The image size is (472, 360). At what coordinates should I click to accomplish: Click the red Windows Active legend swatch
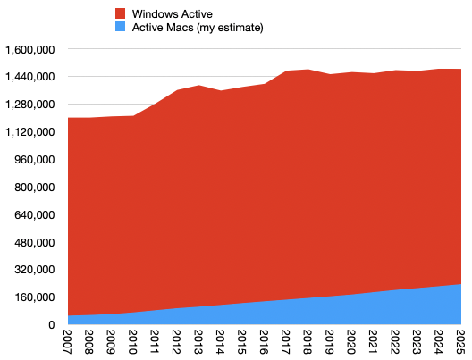(120, 13)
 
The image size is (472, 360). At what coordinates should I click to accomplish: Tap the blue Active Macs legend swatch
(120, 27)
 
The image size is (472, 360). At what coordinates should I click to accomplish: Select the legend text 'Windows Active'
(173, 13)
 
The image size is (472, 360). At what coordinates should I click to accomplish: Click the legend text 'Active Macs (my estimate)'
(198, 28)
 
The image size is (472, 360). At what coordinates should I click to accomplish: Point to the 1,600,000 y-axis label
(30, 50)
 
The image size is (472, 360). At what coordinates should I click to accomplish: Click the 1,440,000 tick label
(30, 77)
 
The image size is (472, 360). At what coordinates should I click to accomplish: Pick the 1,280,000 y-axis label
(30, 105)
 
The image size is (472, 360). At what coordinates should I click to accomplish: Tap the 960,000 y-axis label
(35, 160)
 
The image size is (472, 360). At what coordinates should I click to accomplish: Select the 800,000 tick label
(35, 188)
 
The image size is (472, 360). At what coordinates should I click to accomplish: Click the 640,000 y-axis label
(35, 215)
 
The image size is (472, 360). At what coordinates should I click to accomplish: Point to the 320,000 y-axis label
(35, 270)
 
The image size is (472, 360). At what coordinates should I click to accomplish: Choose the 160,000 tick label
(35, 297)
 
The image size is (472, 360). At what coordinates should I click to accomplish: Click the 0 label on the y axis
(52, 325)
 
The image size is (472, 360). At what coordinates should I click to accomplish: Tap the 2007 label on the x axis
(67, 342)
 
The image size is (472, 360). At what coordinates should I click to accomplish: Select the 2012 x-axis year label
(176, 342)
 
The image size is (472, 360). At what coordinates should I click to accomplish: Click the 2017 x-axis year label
(285, 342)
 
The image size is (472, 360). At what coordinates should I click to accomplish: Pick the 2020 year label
(351, 342)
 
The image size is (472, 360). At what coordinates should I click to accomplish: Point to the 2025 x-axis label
(460, 342)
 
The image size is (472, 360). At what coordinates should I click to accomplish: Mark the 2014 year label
(220, 342)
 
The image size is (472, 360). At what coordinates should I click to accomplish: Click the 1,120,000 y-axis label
(30, 132)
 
